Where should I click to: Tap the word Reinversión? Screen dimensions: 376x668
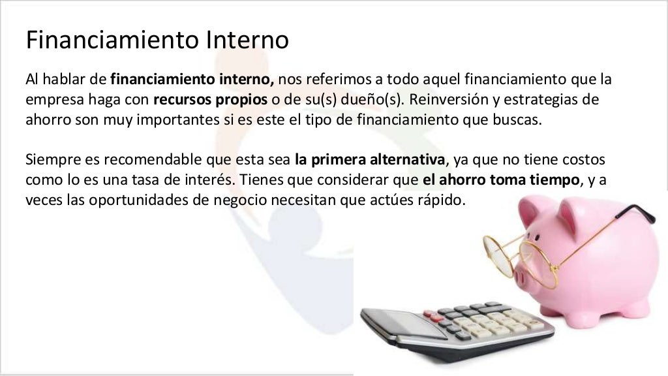tap(446, 101)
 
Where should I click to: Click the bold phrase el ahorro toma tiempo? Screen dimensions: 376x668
tap(496, 181)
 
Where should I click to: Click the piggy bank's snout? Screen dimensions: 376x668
tap(527, 274)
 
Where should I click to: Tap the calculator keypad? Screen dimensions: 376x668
tap(476, 323)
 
